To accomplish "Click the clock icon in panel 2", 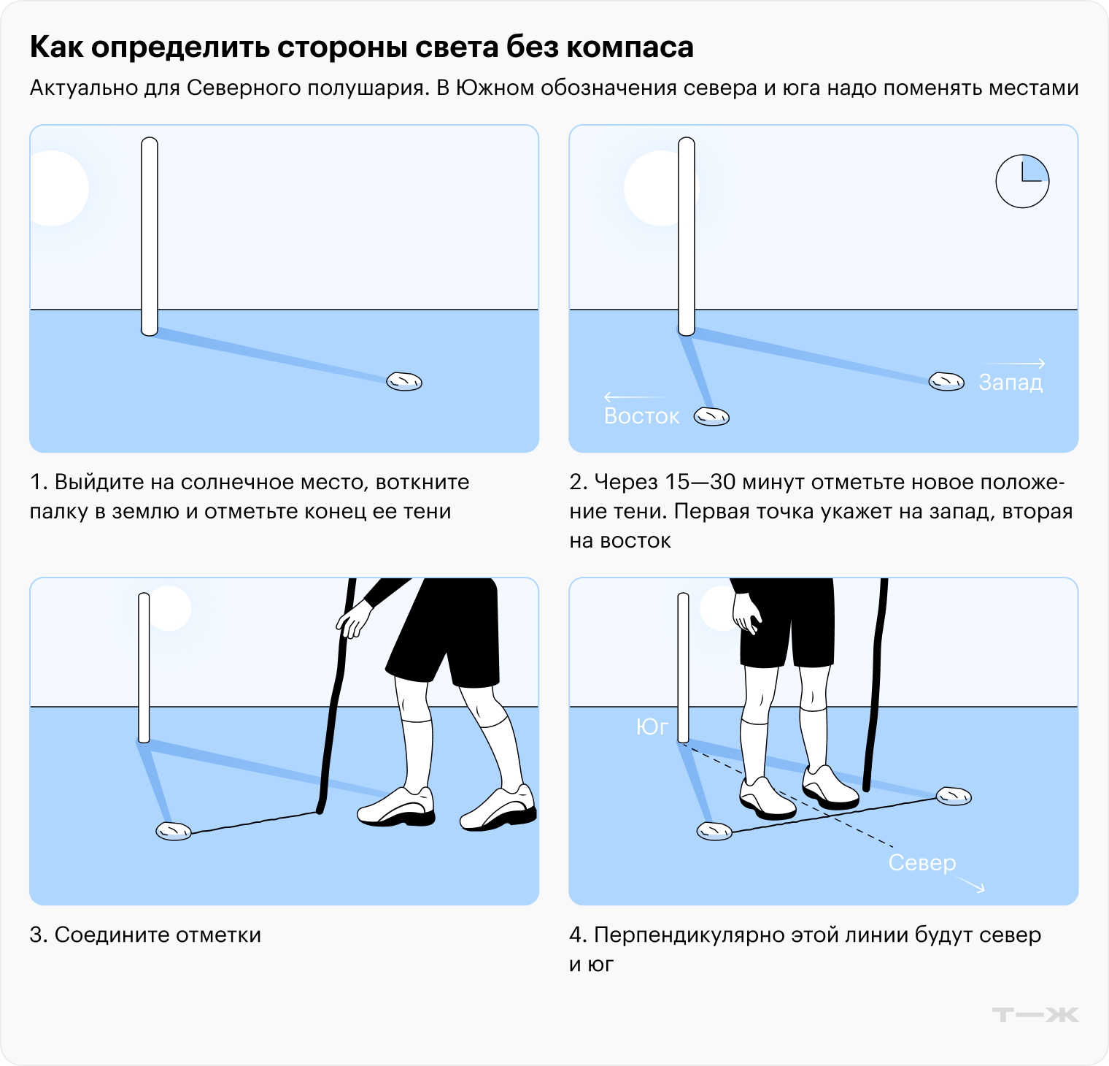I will click(x=1022, y=181).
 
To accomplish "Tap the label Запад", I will click(x=1011, y=382).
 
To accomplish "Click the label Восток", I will click(x=641, y=416).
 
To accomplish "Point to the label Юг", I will click(x=652, y=726).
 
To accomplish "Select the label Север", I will click(x=921, y=862).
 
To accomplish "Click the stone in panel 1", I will click(x=404, y=381).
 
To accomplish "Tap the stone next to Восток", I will click(x=711, y=416).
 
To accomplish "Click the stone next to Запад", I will click(x=946, y=381).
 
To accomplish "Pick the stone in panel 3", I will click(x=174, y=831).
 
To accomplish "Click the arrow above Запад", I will click(x=1013, y=363).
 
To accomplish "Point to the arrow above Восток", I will click(x=633, y=397).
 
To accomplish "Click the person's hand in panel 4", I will click(x=747, y=613).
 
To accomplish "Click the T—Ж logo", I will click(x=1035, y=1014).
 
